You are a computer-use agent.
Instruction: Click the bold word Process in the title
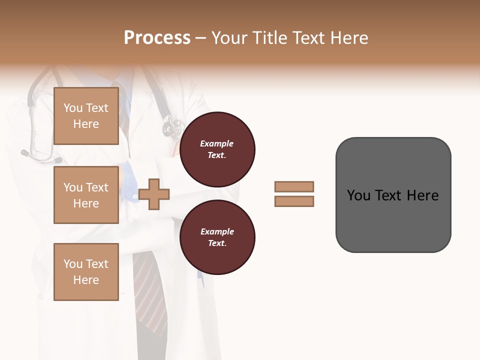tap(157, 38)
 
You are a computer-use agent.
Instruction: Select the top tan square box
tap(86, 116)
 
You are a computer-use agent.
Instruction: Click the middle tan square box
tap(86, 195)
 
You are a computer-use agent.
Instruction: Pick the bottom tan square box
tap(86, 272)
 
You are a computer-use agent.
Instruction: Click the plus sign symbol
tap(154, 194)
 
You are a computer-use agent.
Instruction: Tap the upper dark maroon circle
tap(217, 149)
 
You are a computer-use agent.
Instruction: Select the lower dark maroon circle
tap(217, 237)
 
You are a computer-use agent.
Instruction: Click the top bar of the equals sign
tap(294, 186)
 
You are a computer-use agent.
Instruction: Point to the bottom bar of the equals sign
tap(294, 201)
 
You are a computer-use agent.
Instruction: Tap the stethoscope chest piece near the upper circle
tap(172, 126)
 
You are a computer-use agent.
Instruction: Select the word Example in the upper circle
tap(216, 143)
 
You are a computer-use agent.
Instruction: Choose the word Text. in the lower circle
tap(216, 243)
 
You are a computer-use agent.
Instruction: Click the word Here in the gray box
tap(422, 195)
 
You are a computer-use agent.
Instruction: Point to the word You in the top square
tap(72, 108)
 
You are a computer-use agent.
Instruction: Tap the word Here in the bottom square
tap(86, 280)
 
